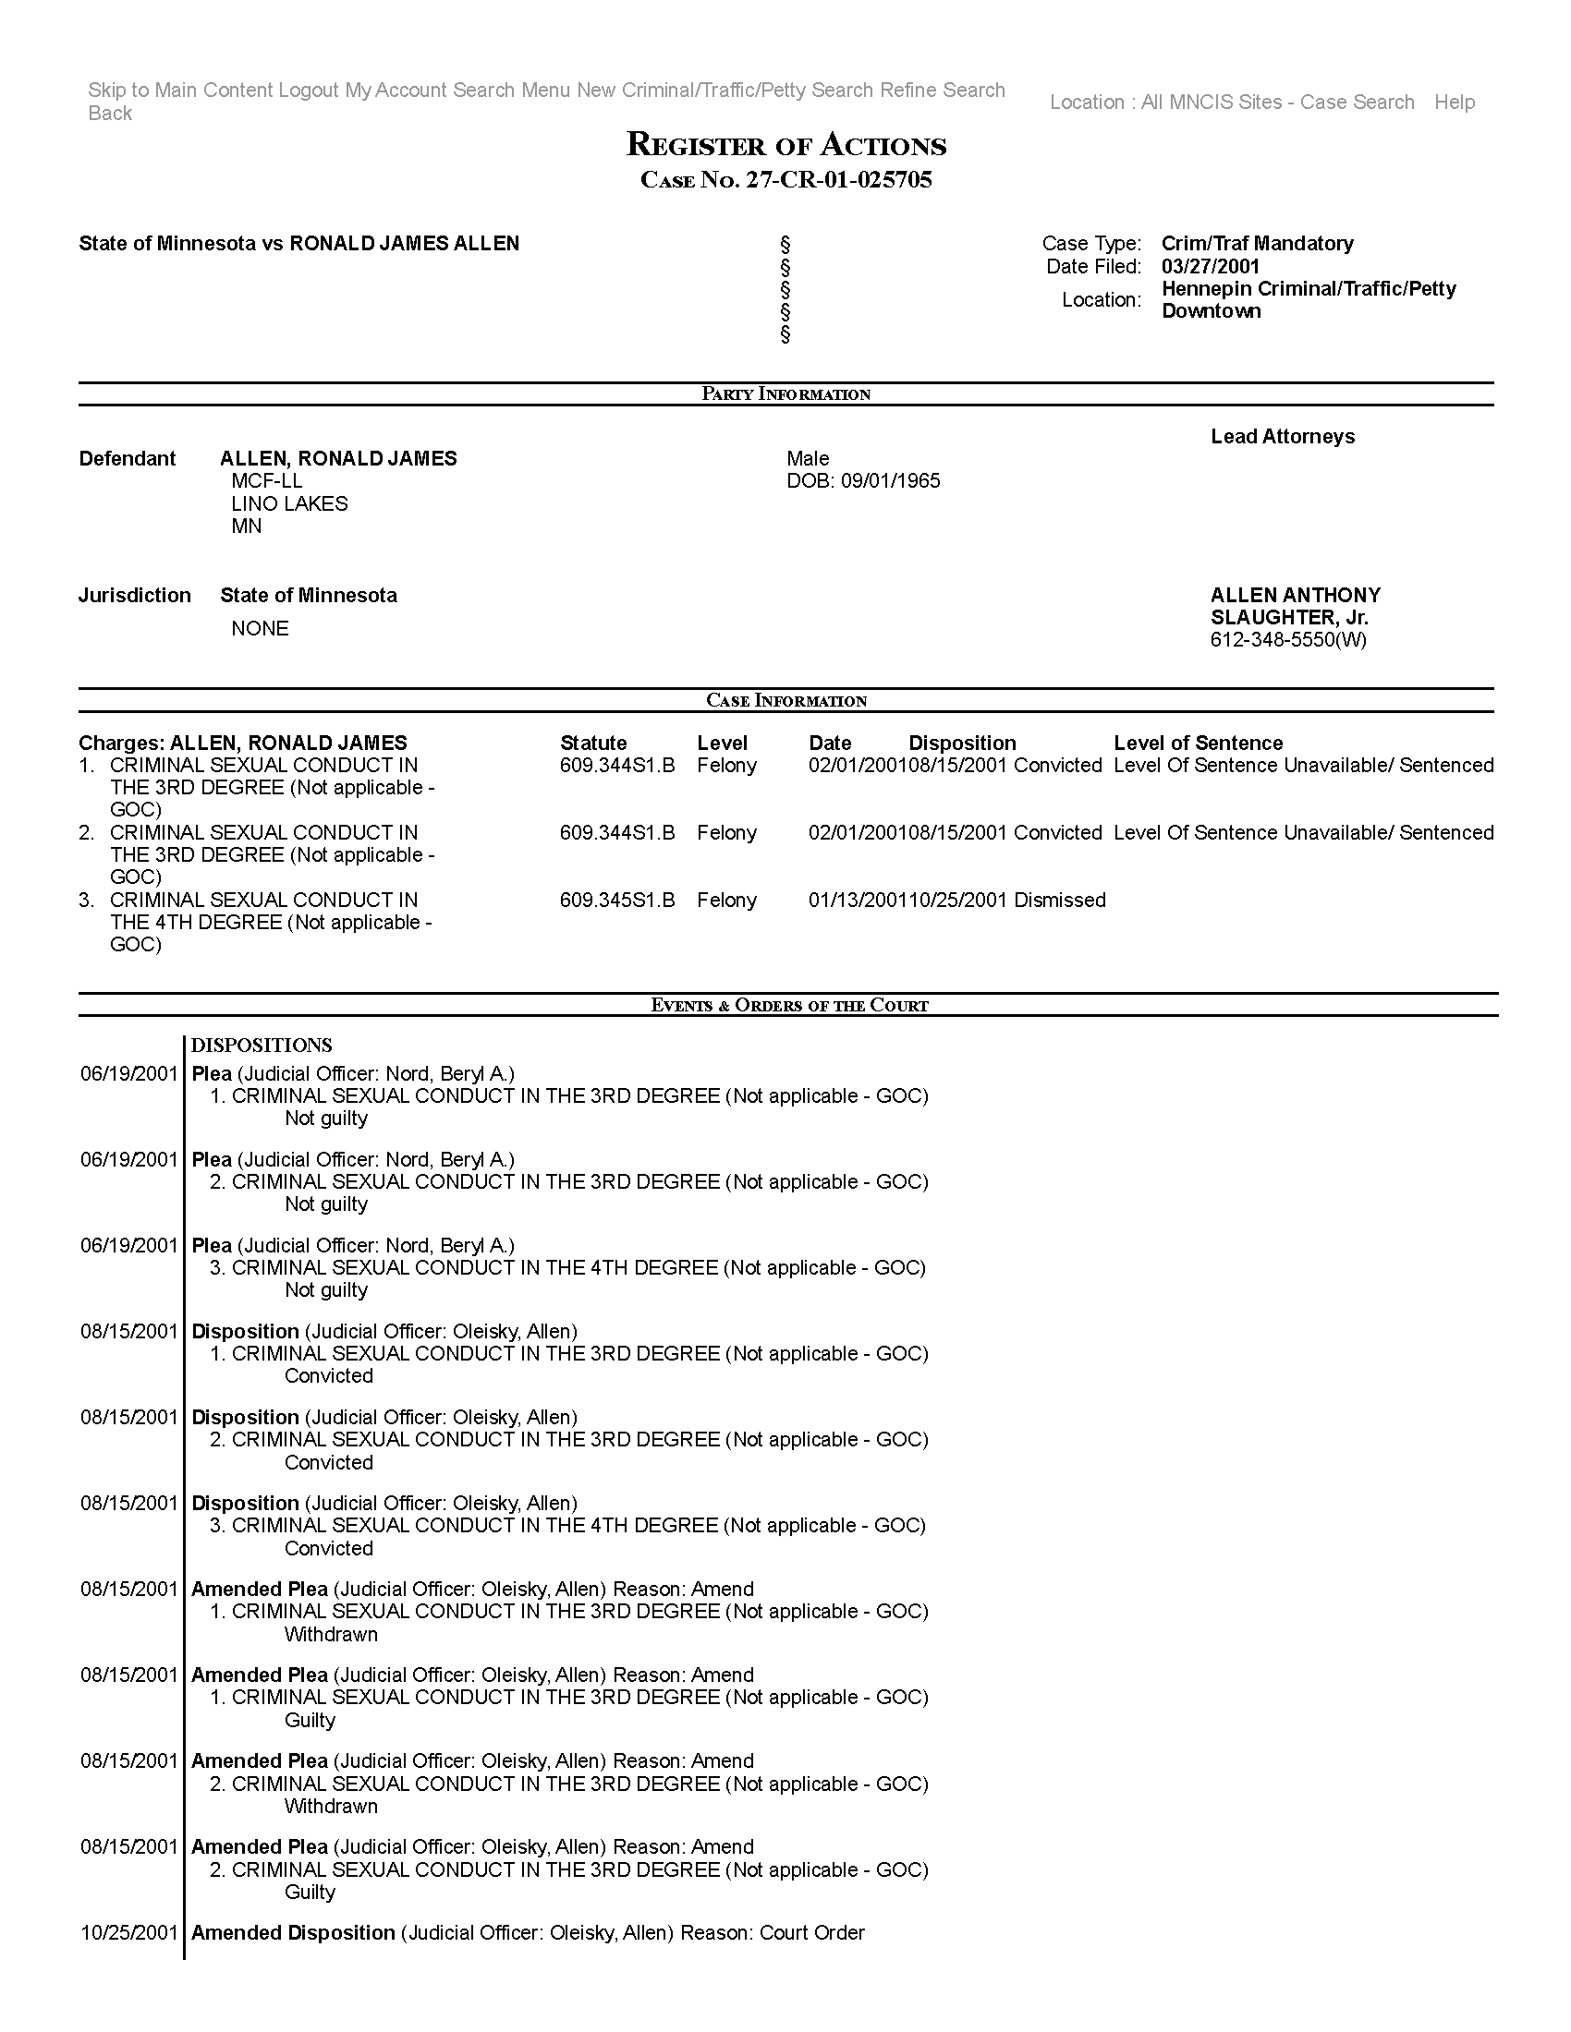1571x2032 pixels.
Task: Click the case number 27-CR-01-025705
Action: (837, 180)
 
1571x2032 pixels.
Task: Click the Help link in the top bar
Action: (1454, 103)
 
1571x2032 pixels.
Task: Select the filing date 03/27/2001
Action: (1210, 266)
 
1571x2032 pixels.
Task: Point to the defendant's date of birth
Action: (863, 481)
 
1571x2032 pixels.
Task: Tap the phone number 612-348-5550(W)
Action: (1288, 640)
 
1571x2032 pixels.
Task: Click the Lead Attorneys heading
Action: (1282, 436)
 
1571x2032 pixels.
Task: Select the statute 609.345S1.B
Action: (617, 900)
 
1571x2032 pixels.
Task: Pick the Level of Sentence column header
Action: (1198, 743)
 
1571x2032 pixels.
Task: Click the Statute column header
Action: (593, 743)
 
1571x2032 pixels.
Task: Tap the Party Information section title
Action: (785, 394)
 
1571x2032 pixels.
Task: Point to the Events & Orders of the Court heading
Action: (789, 1005)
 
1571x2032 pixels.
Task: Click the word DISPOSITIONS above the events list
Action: (262, 1045)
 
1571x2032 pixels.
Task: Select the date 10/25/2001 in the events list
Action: (128, 1933)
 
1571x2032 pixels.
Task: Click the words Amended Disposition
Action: (293, 1933)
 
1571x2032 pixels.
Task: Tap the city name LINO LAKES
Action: (289, 503)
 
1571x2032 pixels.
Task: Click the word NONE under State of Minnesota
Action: (260, 629)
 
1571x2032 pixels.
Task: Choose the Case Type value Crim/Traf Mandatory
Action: (1257, 244)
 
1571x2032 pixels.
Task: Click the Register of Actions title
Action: (785, 145)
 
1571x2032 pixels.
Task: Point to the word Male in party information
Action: (807, 459)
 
